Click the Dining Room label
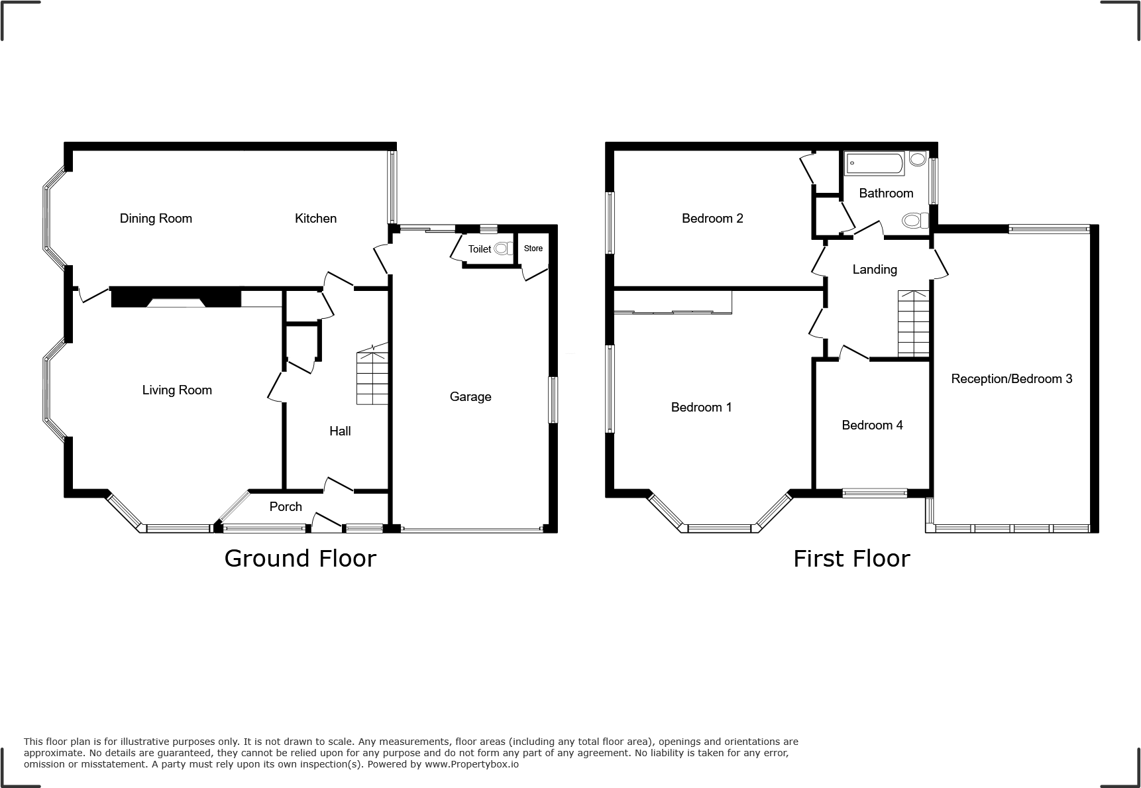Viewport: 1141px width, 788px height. point(156,218)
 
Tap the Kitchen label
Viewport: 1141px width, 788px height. point(315,218)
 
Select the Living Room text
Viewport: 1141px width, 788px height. point(177,390)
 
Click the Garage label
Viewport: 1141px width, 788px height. point(470,396)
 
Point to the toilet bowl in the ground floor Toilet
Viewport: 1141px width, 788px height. point(504,249)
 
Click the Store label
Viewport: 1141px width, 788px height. point(533,249)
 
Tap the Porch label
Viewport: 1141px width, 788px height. point(286,506)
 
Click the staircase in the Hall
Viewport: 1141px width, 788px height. point(372,378)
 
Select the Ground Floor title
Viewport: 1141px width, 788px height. point(300,558)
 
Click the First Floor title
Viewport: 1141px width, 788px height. point(851,559)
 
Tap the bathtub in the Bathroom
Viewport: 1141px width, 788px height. point(875,164)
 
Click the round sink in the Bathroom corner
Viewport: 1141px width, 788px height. point(918,158)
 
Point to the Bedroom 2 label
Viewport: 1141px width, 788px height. point(712,218)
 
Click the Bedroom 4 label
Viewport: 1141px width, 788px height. point(872,425)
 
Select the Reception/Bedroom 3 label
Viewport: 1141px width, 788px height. point(1011,378)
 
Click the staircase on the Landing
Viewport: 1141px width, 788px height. point(914,323)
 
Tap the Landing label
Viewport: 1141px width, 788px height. point(875,269)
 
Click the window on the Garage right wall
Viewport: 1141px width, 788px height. point(552,400)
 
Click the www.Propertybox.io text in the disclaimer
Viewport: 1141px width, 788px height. point(472,764)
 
